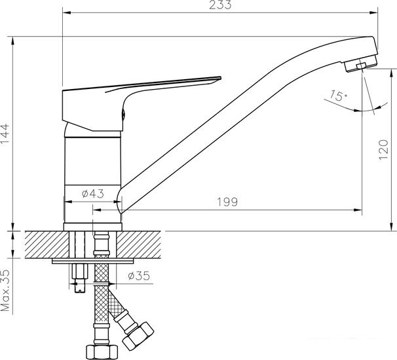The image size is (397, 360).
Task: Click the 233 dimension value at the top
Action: click(x=223, y=5)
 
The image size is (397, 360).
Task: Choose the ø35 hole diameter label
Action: click(x=138, y=276)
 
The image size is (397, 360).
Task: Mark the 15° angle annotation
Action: click(x=339, y=96)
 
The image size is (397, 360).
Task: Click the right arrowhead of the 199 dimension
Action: click(x=359, y=210)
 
